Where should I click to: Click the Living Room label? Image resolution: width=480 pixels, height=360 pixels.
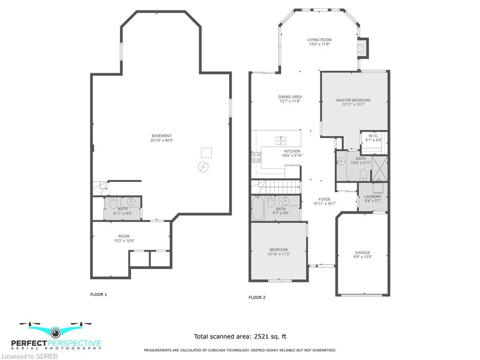tap(319, 40)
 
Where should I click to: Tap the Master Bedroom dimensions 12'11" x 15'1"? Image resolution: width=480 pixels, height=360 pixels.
tap(353, 105)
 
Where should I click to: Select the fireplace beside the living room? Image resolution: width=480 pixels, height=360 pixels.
tap(363, 48)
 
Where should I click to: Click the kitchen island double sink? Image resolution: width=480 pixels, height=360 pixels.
tap(281, 140)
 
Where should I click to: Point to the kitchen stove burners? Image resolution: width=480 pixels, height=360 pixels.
tap(256, 157)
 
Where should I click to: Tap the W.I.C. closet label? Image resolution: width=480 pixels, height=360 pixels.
tap(374, 136)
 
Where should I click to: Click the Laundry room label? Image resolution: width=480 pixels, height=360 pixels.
tap(373, 196)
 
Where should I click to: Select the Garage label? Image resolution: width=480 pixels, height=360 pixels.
tap(363, 253)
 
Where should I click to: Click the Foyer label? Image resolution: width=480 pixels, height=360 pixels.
tap(324, 199)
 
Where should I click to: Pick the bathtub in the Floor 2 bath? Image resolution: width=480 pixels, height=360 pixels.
tap(257, 208)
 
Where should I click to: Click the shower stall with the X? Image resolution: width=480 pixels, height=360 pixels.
tap(380, 168)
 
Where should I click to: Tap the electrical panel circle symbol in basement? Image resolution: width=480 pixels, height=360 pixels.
tap(203, 167)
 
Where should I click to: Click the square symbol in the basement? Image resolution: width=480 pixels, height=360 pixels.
tap(206, 153)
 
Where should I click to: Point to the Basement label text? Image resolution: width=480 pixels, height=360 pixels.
tap(162, 136)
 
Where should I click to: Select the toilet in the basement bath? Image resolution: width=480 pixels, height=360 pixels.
tap(113, 203)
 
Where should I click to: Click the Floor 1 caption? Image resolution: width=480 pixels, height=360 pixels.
tap(98, 294)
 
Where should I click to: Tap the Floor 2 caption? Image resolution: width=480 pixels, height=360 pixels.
tap(257, 298)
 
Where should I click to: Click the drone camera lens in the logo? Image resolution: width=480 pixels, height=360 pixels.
tap(55, 332)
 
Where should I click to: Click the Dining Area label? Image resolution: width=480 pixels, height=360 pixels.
tap(290, 97)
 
